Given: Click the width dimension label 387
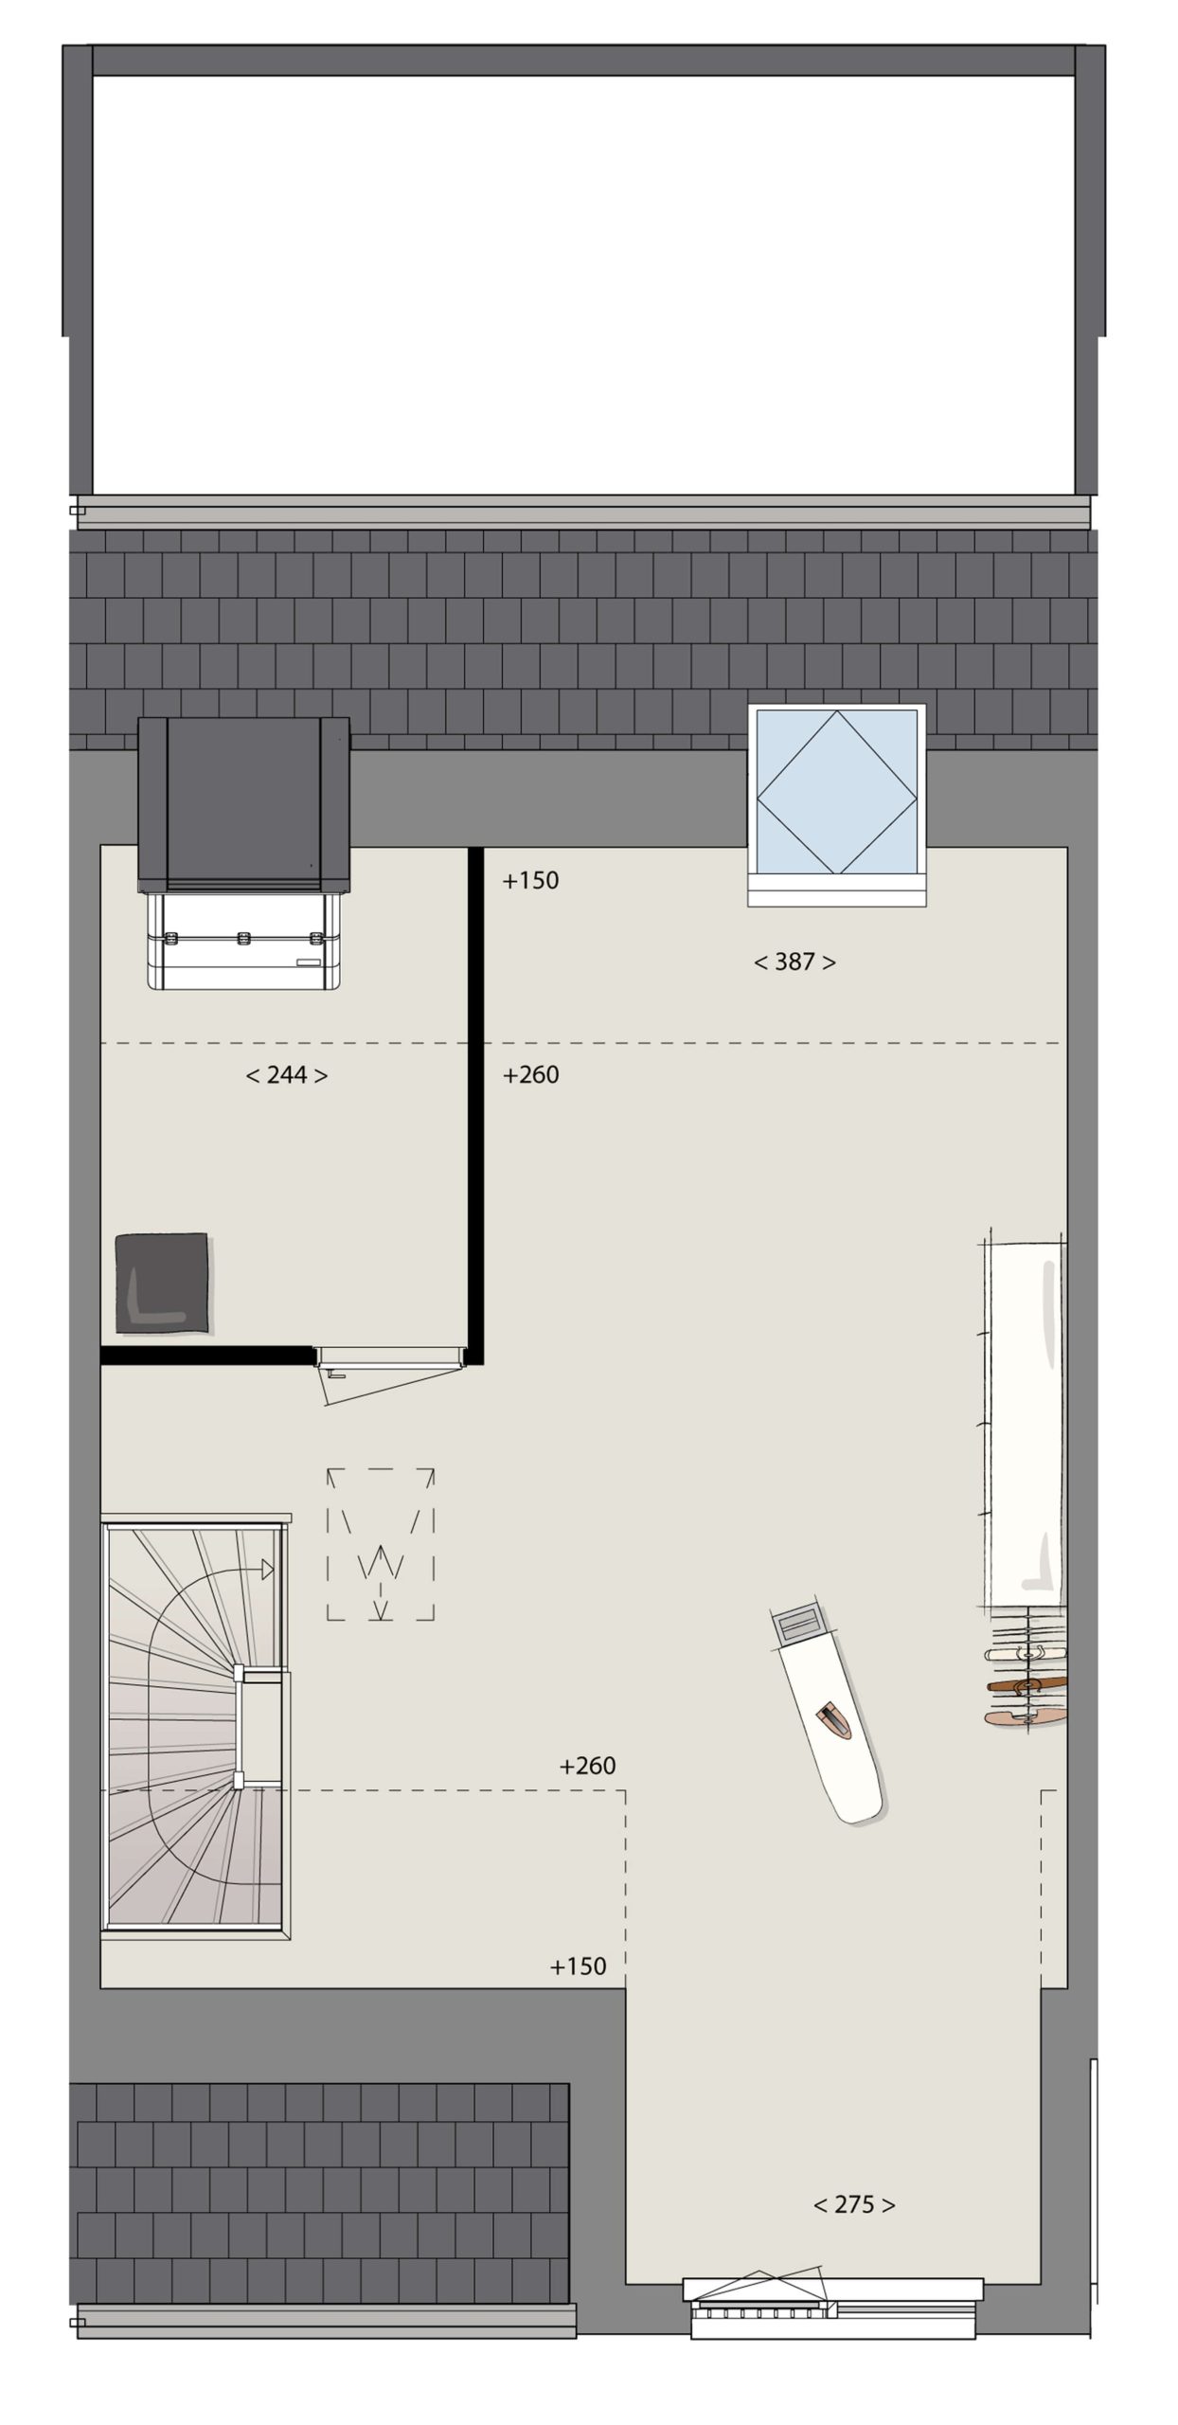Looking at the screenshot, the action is point(794,962).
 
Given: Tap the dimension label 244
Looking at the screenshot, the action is point(286,1075).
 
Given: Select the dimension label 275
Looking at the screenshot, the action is point(854,2205).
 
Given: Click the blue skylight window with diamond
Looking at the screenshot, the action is point(837,792).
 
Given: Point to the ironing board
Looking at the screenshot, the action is point(827,1715).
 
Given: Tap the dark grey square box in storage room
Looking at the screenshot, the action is point(162,1284).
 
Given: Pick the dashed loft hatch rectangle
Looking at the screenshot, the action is point(381,1545).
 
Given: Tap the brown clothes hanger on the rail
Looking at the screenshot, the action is point(1026,1684).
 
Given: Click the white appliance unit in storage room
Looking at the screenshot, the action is point(243,941).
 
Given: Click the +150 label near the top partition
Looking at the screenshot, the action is point(530,881).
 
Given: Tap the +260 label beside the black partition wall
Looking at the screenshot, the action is point(530,1075).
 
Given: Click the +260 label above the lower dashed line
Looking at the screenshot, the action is point(587,1766).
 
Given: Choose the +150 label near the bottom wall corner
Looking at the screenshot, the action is point(578,1967).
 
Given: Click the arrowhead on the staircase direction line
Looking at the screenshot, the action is point(268,1570).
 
